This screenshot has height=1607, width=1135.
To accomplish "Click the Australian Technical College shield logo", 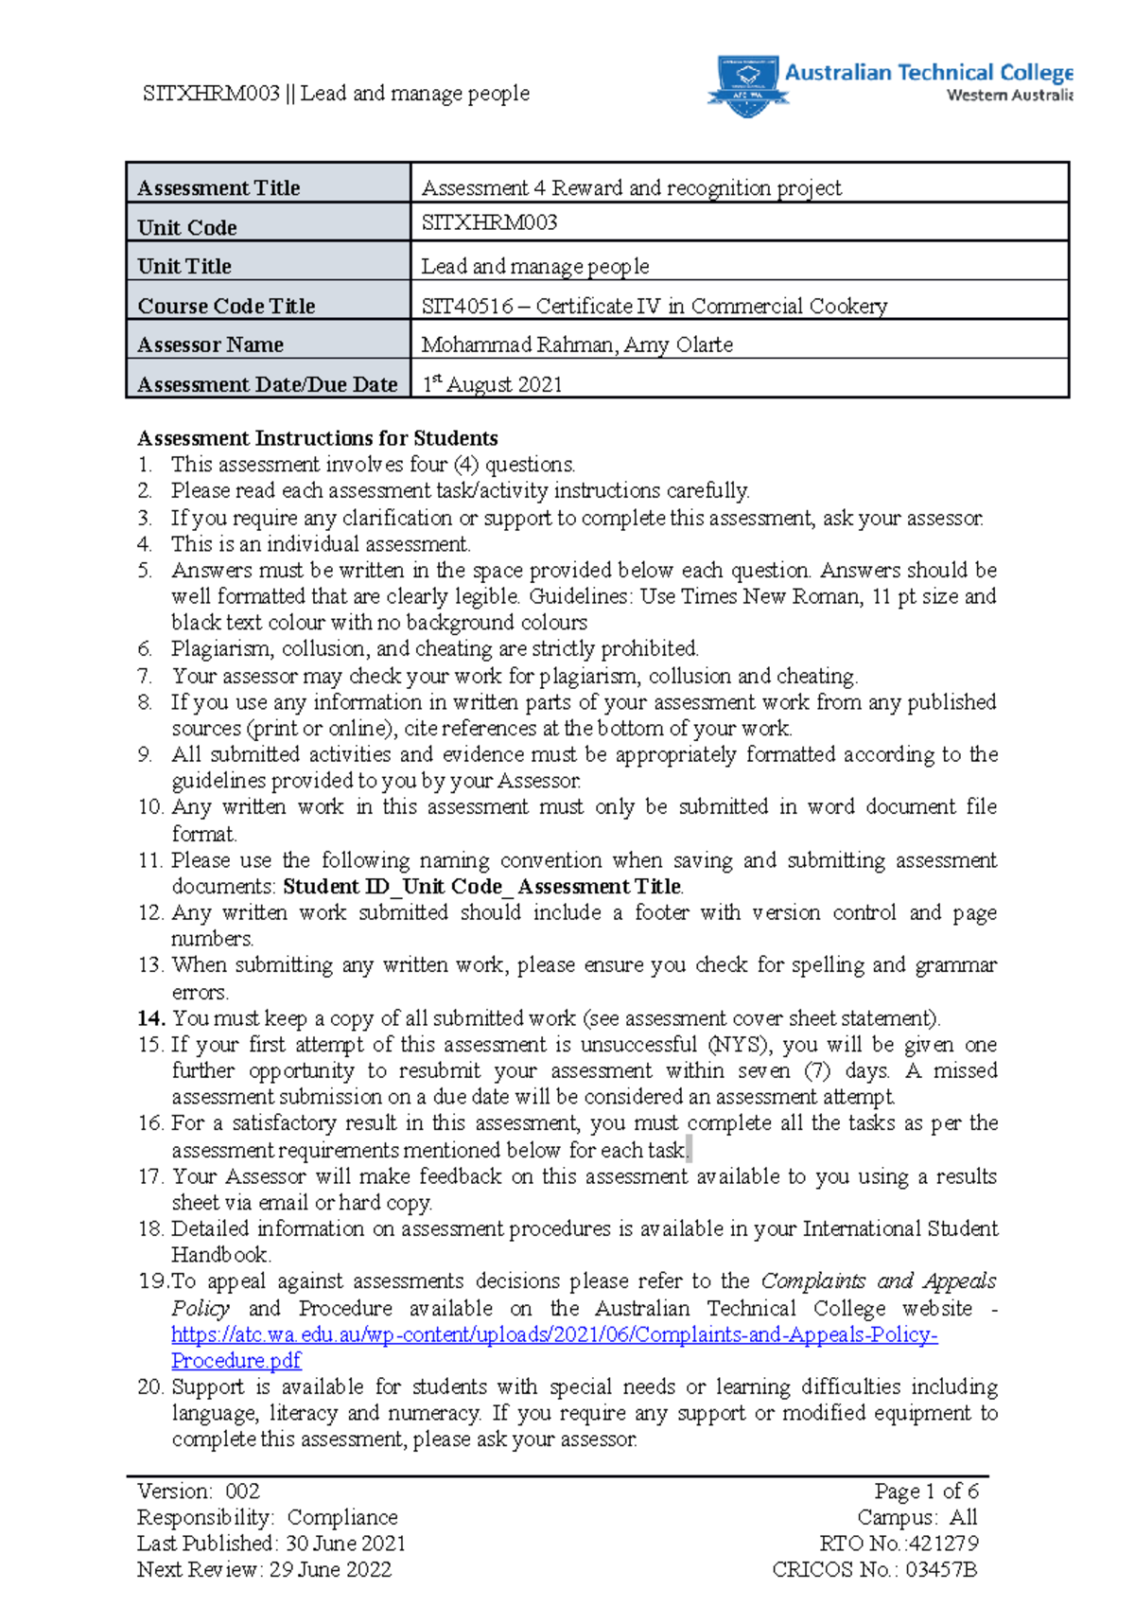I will pos(747,85).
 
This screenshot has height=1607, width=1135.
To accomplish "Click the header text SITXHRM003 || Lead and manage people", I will pos(336,93).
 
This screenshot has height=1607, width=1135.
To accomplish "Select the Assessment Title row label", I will pos(218,187).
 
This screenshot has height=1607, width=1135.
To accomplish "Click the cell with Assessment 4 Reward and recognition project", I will pos(631,187).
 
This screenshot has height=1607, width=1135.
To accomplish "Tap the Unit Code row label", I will pos(187,227).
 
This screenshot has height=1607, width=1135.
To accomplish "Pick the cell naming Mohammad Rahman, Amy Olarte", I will pos(577,344).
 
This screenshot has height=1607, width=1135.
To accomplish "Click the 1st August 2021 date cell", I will pos(493,384).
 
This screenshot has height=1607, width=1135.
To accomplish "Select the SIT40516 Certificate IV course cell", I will pos(655,306).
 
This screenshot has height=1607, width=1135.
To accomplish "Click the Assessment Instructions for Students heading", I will pos(318,438).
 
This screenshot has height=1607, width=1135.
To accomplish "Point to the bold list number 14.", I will pos(151,1018).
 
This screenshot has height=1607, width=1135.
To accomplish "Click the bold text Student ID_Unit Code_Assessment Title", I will pos(482,887).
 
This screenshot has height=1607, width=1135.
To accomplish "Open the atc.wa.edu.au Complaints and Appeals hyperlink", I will pos(554,1334).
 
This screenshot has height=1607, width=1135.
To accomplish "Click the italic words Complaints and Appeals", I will pos(879,1281).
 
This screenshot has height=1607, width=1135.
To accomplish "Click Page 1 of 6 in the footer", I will pos(926,1492).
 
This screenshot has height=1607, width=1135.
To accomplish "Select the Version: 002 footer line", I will pos(199,1492).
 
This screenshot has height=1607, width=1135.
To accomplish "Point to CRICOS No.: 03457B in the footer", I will pos(875,1570).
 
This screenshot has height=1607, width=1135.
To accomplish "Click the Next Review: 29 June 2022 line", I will pos(264,1570).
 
